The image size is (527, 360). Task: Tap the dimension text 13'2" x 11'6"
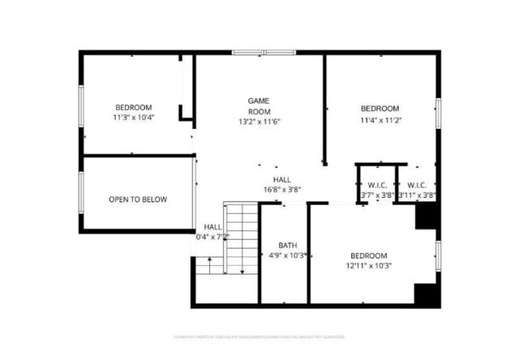(259, 122)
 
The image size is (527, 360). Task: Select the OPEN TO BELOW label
(138, 199)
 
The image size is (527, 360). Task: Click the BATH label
(288, 246)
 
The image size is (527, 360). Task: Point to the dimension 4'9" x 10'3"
(288, 255)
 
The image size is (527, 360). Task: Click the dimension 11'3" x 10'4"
(133, 118)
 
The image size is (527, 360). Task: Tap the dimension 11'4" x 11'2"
(380, 120)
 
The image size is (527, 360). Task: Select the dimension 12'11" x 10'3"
(368, 265)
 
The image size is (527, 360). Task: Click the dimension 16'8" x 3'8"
(281, 190)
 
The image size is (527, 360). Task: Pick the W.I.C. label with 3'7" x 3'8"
(376, 185)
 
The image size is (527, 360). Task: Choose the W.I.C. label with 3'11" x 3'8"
(417, 185)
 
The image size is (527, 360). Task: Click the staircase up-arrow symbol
(210, 263)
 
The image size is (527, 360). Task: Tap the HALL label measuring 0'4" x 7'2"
(212, 227)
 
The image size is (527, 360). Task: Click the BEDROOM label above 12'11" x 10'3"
(368, 255)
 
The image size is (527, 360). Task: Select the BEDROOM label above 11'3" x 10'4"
(133, 108)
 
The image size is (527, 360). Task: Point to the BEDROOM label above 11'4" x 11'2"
(379, 109)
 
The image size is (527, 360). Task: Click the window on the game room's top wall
(262, 53)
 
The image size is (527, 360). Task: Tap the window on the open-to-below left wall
(80, 192)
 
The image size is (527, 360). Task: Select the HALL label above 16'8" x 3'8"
(281, 180)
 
